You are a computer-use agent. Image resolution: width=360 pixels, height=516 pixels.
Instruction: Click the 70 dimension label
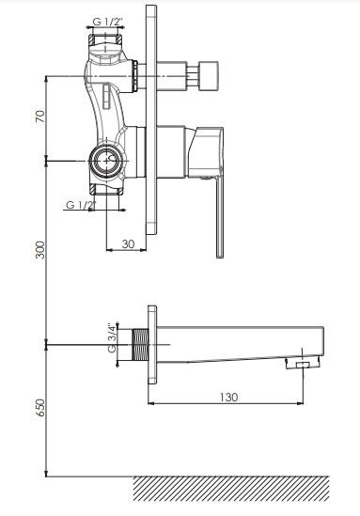[39, 117]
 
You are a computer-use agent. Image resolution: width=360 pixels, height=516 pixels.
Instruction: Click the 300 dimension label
[39, 250]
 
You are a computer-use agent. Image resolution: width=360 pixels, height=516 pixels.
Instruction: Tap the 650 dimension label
[39, 407]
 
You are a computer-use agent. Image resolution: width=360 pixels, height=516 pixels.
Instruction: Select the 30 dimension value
[129, 243]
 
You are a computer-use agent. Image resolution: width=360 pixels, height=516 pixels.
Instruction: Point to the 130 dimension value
[228, 397]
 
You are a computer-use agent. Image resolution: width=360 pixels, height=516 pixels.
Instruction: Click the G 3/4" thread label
[112, 338]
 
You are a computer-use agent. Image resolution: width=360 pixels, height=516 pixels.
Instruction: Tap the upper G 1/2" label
[107, 22]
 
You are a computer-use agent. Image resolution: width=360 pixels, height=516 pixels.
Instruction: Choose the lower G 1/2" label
[81, 205]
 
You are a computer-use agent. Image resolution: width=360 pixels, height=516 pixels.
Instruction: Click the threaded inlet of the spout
[140, 345]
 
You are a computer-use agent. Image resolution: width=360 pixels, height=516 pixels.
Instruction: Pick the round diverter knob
[210, 76]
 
